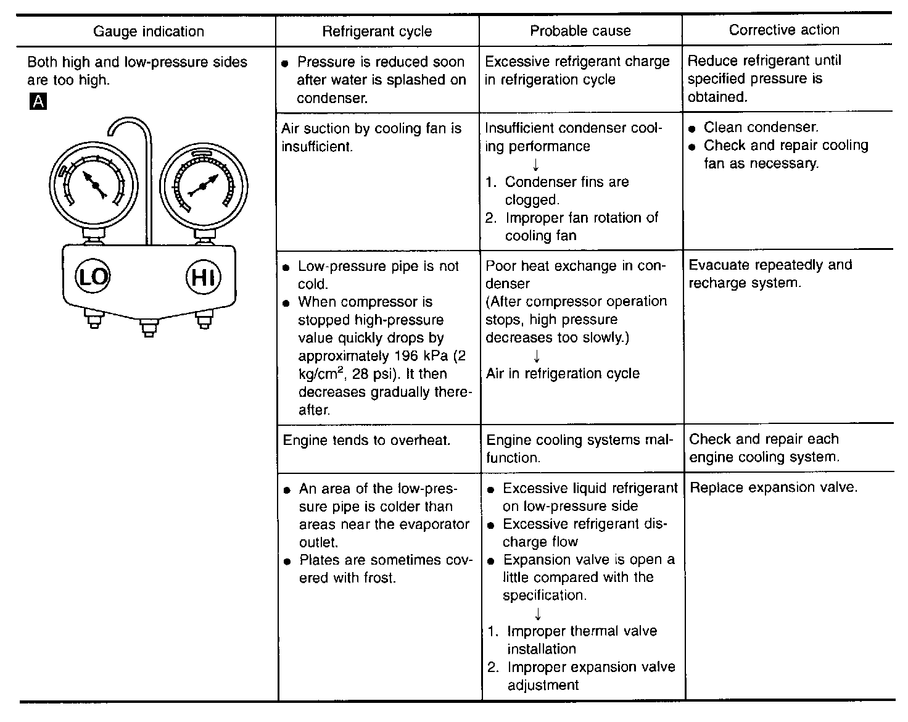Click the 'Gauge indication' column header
[x=148, y=31]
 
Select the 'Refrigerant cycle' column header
[x=377, y=31]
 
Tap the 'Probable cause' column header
[x=580, y=31]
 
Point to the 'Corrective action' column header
[x=783, y=30]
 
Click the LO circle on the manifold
[x=93, y=276]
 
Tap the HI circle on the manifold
[x=203, y=276]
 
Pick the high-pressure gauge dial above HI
[x=203, y=185]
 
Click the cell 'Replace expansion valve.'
[x=774, y=488]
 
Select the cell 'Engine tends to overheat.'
[x=366, y=440]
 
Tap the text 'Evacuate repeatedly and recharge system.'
[x=770, y=274]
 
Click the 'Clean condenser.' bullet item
[x=761, y=127]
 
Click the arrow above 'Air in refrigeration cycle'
[x=537, y=356]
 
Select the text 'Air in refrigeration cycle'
[x=563, y=373]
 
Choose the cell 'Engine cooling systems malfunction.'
[x=579, y=449]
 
